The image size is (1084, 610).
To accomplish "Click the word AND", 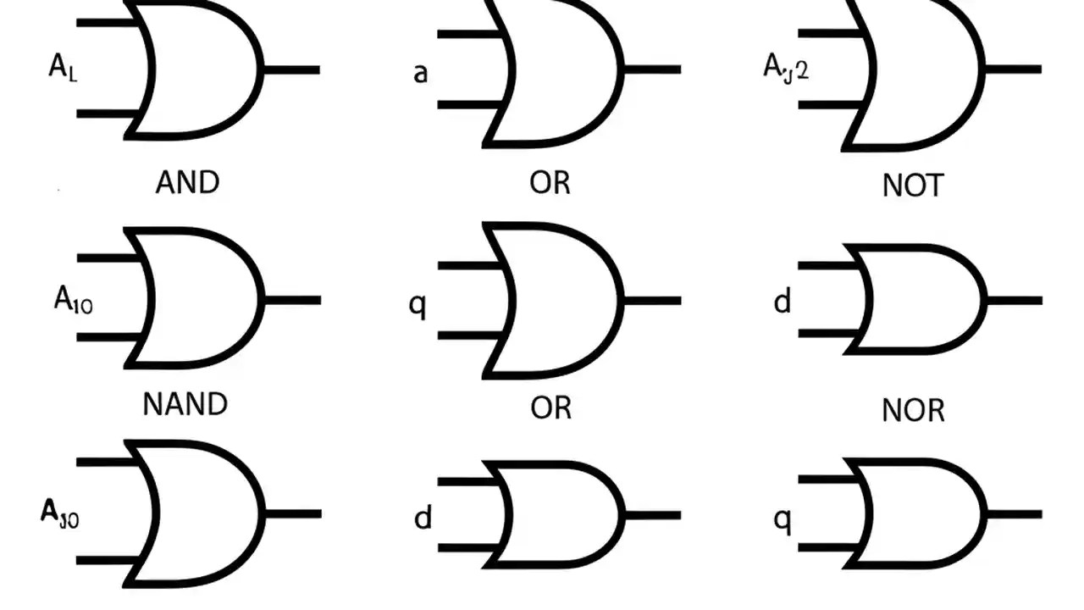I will click(187, 182).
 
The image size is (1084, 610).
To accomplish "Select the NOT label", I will click(912, 186).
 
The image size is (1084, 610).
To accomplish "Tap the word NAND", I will click(185, 404).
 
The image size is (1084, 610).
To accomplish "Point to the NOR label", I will click(913, 411).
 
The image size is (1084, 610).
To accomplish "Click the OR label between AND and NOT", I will click(550, 182).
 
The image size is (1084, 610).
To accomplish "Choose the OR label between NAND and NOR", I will click(551, 408).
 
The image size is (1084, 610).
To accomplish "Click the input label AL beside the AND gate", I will click(63, 68).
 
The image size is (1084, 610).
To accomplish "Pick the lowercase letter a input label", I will click(420, 73).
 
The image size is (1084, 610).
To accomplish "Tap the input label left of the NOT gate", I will click(786, 67).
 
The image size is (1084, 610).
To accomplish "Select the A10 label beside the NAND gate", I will click(74, 299).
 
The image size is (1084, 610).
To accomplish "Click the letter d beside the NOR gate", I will click(783, 301).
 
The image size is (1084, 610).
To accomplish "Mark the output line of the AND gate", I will click(291, 69).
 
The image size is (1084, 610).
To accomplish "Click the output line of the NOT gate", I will click(1013, 69).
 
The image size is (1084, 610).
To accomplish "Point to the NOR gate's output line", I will click(1014, 300).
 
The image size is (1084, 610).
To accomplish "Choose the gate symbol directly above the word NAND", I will click(199, 297).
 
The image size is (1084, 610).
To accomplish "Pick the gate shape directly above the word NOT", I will click(919, 72).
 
